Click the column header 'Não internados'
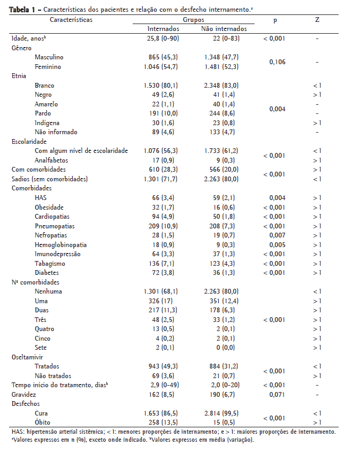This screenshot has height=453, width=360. click(224, 29)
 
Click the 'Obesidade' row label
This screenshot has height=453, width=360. click(49, 207)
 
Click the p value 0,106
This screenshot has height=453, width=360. click(277, 62)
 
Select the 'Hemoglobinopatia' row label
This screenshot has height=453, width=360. click(61, 244)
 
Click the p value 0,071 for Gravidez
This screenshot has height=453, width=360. click(277, 394)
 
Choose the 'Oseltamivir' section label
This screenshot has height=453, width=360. click(27, 357)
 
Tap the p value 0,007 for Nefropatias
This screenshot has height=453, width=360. click(277, 235)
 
